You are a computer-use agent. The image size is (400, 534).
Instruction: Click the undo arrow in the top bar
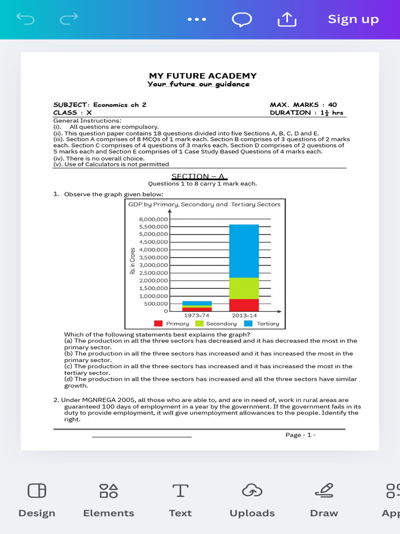pyautogui.click(x=25, y=19)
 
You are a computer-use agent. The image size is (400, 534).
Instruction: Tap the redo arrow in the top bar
pyautogui.click(x=69, y=19)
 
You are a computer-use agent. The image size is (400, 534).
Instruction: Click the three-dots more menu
pyautogui.click(x=197, y=19)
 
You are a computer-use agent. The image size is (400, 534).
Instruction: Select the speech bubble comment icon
pyautogui.click(x=242, y=19)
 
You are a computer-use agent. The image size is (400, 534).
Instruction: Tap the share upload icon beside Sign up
pyautogui.click(x=286, y=19)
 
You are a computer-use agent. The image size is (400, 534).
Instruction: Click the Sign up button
pyautogui.click(x=353, y=19)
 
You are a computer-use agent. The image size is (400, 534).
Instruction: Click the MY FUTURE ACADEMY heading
pyautogui.click(x=203, y=76)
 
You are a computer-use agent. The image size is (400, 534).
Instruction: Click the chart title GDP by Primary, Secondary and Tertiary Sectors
pyautogui.click(x=204, y=204)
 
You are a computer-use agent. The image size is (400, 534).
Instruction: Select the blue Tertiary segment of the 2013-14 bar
pyautogui.click(x=244, y=251)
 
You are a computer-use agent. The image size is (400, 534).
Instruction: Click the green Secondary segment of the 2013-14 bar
pyautogui.click(x=244, y=288)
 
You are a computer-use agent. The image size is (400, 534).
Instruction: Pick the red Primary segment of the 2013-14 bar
pyautogui.click(x=244, y=305)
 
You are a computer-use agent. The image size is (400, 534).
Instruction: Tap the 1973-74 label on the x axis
pyautogui.click(x=197, y=315)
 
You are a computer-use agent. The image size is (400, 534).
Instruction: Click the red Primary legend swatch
pyautogui.click(x=158, y=323)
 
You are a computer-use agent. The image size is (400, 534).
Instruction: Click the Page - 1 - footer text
pyautogui.click(x=300, y=435)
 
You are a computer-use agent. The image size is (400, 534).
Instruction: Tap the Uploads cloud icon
pyautogui.click(x=252, y=491)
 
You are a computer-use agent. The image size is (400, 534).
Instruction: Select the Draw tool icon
pyautogui.click(x=323, y=491)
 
